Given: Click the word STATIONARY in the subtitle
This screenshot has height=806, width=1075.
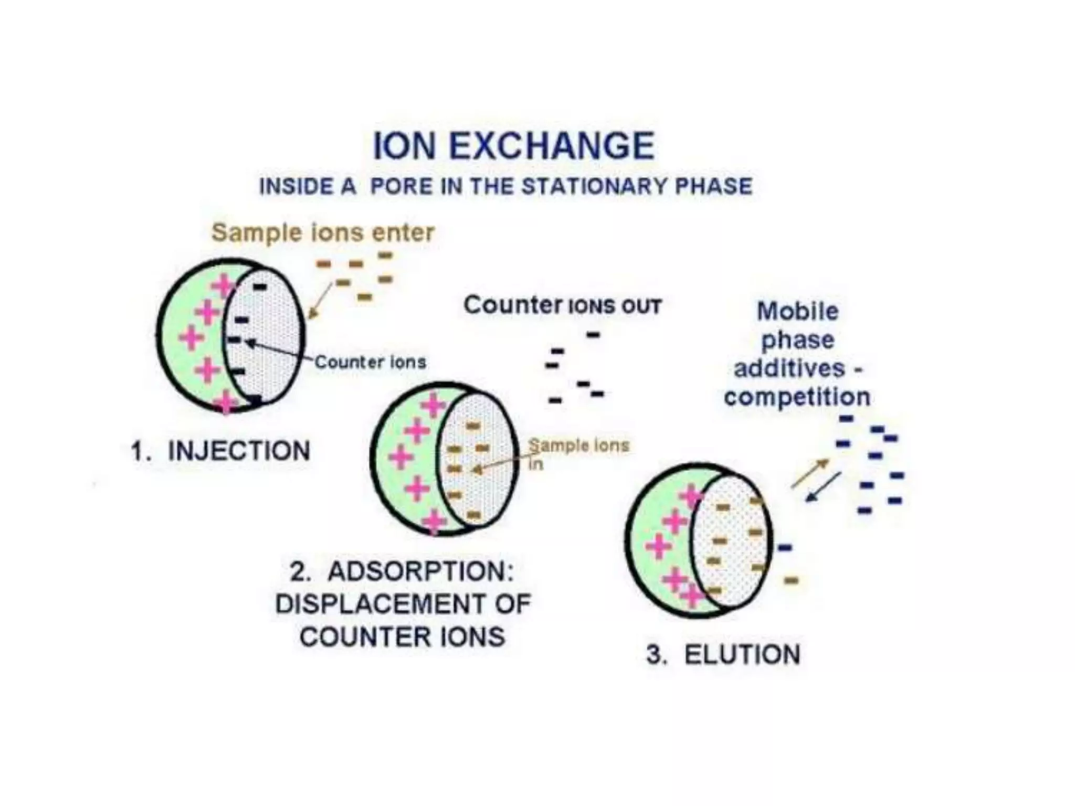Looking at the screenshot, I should [595, 187].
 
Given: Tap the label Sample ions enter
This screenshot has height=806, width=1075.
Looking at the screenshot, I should [323, 232].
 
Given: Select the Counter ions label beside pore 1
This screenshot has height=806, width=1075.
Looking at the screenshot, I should [370, 362].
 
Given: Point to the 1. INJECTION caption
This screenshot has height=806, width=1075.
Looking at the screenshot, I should [220, 451].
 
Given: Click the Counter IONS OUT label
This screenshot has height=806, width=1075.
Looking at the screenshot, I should [562, 305].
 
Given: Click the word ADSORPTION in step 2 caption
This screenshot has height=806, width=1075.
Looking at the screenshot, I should [420, 571].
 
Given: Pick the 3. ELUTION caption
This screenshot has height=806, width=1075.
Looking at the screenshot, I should [723, 654].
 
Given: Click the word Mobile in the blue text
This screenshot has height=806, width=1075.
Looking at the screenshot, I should [797, 311].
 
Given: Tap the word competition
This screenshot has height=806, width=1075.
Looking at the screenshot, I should [797, 397].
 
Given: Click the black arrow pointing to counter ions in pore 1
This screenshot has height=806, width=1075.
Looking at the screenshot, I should [278, 352].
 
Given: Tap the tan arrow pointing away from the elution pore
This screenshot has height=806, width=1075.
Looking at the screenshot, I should [810, 473].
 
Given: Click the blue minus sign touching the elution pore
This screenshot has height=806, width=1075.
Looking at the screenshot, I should [784, 548].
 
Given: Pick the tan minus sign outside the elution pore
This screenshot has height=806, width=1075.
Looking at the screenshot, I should [791, 580].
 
